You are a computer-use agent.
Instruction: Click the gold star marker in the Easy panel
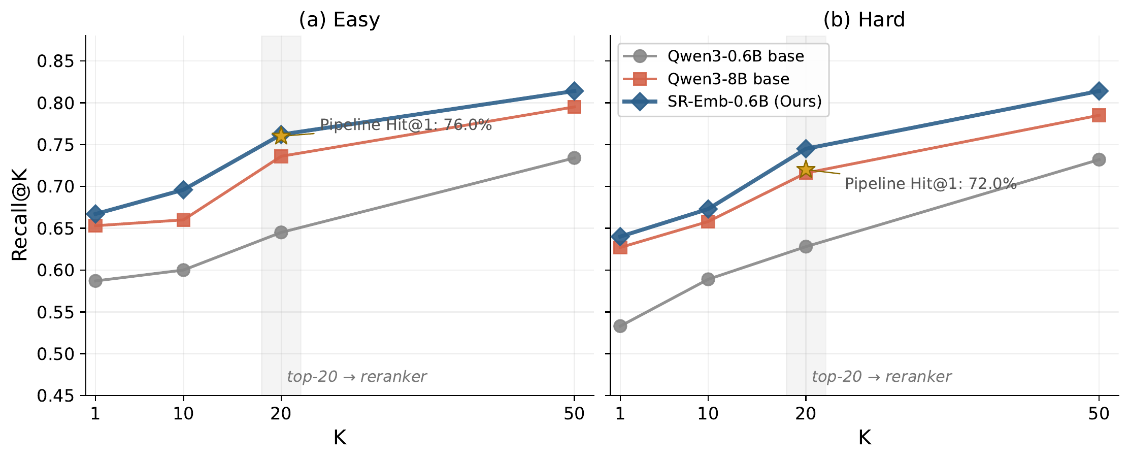[x=281, y=136]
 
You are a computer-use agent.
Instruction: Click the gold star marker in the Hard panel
[x=806, y=170]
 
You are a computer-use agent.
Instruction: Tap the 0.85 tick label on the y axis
[x=55, y=61]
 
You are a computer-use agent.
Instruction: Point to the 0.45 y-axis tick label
[x=55, y=396]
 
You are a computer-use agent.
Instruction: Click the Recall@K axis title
[x=19, y=215]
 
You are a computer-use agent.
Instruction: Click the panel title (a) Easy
[x=340, y=20]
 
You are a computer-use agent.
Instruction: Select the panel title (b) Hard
[x=865, y=20]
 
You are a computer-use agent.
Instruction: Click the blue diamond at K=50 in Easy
[x=574, y=91]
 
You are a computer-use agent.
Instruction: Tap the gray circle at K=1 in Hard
[x=620, y=326]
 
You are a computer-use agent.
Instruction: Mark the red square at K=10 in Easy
[x=183, y=220]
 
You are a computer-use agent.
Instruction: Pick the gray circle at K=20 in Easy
[x=281, y=232]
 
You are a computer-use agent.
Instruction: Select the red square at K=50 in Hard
[x=1099, y=115]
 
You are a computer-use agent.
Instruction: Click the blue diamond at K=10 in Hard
[x=708, y=209]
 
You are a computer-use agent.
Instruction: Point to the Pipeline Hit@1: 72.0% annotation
[x=930, y=184]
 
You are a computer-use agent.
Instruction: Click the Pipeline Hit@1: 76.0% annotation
[x=406, y=125]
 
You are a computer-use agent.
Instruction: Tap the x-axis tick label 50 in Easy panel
[x=574, y=414]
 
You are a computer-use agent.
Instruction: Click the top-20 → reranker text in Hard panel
[x=881, y=377]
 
